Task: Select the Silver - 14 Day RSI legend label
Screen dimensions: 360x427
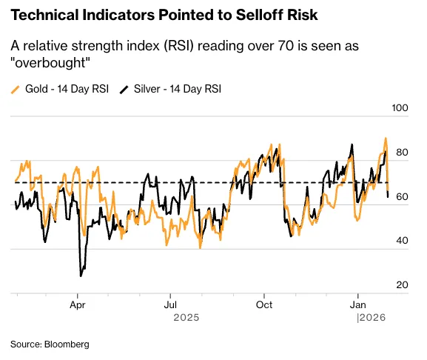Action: click(x=178, y=89)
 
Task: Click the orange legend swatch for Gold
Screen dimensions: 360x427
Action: click(x=16, y=89)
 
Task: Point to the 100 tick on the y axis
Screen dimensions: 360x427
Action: click(x=400, y=108)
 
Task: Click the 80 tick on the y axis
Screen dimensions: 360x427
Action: click(x=403, y=153)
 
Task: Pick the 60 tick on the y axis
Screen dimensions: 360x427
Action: click(x=403, y=197)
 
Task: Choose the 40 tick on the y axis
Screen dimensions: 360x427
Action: click(x=403, y=241)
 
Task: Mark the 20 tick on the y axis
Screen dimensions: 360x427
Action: click(x=403, y=285)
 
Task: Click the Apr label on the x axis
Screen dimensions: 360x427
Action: click(x=78, y=304)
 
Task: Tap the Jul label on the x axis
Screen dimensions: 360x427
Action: click(x=170, y=304)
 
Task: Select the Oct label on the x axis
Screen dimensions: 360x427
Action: click(x=264, y=304)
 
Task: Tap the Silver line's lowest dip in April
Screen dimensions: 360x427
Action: click(x=81, y=276)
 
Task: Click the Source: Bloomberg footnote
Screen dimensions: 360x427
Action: click(x=50, y=344)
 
